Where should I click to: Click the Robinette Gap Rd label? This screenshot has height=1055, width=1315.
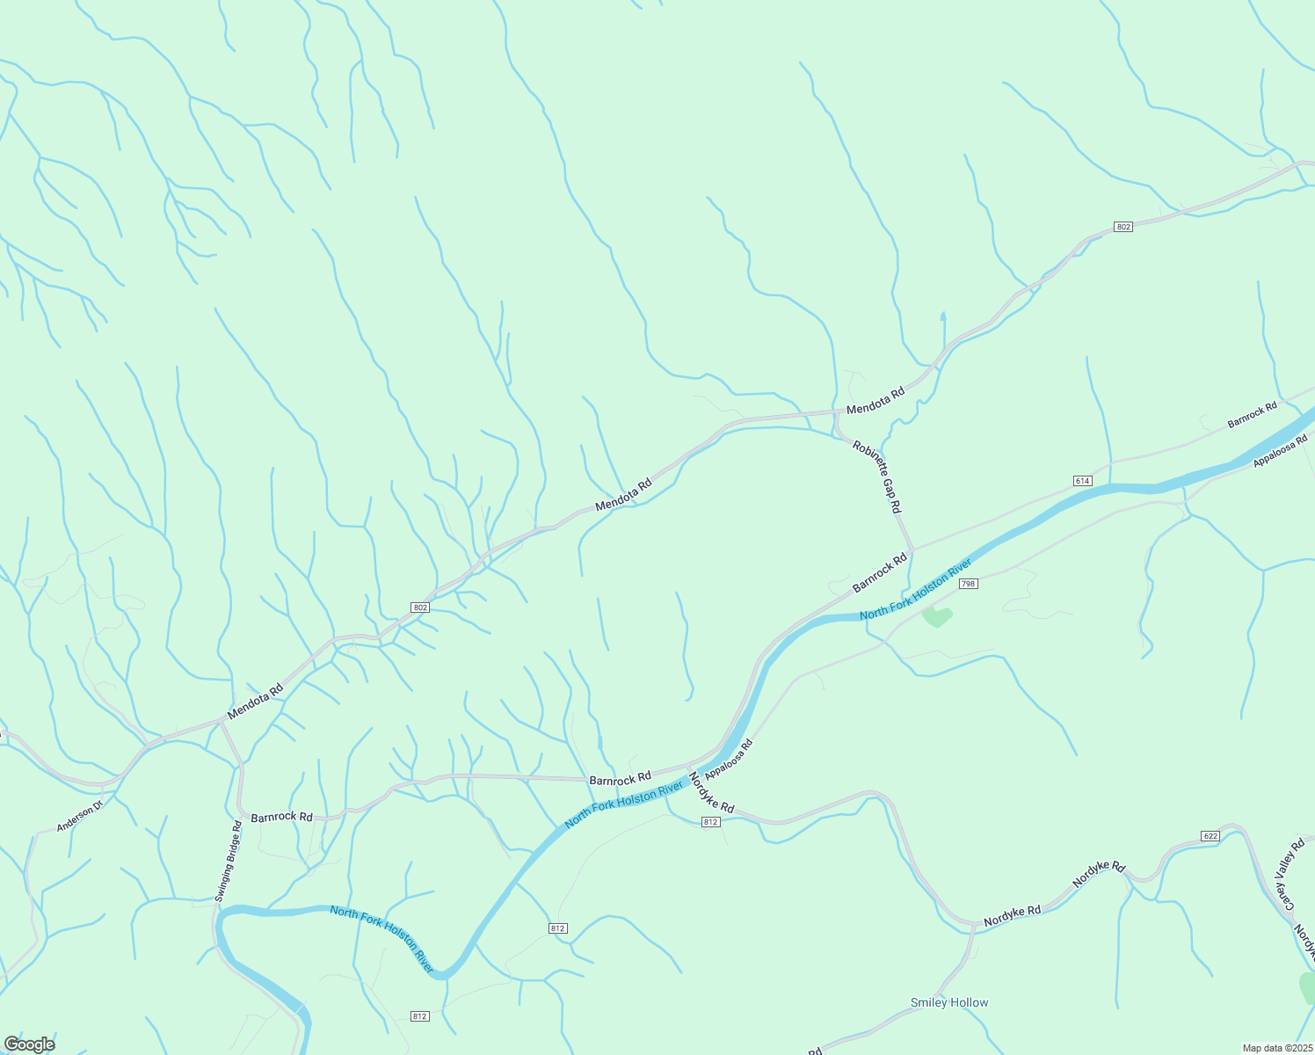point(877,477)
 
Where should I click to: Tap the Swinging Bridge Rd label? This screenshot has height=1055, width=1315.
point(227,862)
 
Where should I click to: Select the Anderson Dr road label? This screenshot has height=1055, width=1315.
point(80,815)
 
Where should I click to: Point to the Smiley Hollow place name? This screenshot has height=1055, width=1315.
point(949,1002)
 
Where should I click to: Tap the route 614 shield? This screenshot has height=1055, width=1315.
point(1082,481)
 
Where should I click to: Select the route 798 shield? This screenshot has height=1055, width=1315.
point(968,584)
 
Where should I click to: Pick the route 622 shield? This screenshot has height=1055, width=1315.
point(1210,835)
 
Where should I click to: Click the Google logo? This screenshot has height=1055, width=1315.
point(29,1044)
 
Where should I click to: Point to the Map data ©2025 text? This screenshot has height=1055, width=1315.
point(1276,1048)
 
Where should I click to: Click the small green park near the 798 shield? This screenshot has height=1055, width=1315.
point(937,616)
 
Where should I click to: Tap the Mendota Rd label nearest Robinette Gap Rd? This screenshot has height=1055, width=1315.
point(875,403)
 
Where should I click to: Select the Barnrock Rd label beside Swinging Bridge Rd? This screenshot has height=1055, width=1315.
point(281,817)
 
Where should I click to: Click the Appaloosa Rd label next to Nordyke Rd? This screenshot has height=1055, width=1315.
point(730,760)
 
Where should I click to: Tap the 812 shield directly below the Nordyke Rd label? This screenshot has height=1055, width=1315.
point(711,822)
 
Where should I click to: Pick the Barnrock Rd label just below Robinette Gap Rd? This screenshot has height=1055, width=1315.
point(879,573)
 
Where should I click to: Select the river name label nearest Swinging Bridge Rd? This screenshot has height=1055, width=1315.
point(381,938)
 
